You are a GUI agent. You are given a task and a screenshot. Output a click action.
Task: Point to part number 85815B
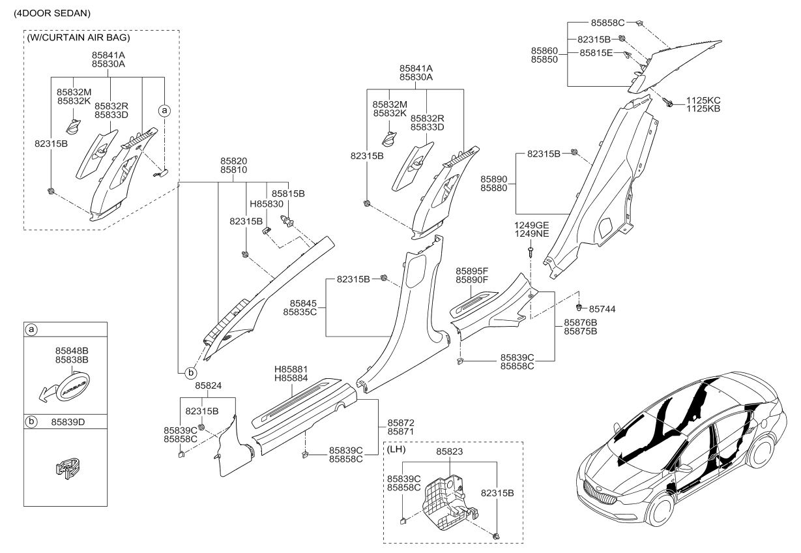(288, 194)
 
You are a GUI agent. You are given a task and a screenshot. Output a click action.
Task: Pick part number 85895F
(472, 271)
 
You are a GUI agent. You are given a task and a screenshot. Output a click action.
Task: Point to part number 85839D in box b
(68, 422)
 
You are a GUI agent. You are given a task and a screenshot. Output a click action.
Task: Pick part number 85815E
(596, 53)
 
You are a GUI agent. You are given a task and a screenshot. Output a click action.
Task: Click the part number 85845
(299, 303)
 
